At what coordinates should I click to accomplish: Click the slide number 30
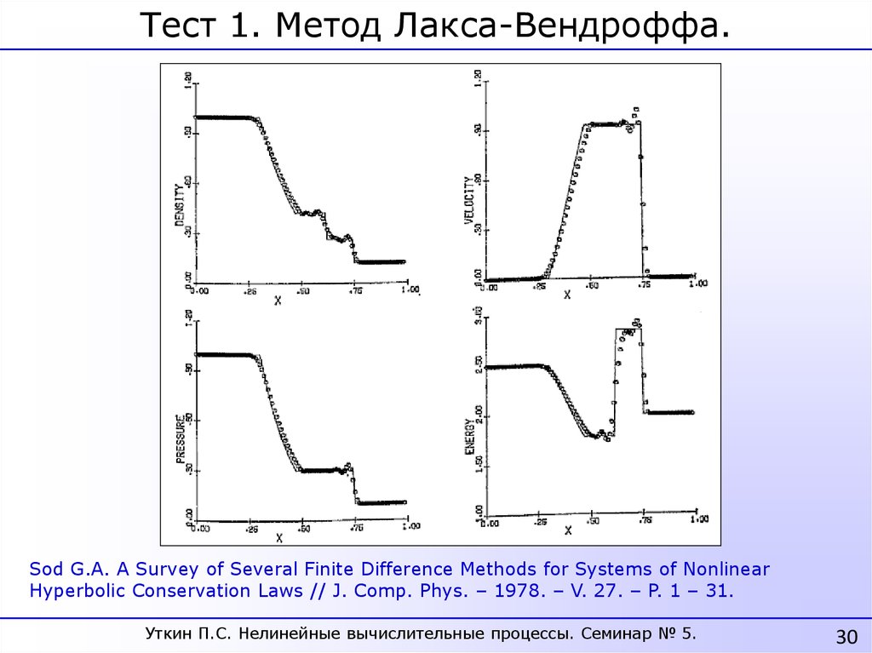pyautogui.click(x=846, y=637)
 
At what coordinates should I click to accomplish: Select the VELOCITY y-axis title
pyautogui.click(x=468, y=200)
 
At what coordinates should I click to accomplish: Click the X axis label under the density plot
pyautogui.click(x=278, y=301)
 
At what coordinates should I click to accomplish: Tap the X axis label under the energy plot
pyautogui.click(x=568, y=530)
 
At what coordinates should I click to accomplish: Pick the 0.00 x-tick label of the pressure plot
pyautogui.click(x=199, y=528)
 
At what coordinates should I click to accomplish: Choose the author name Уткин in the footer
pyautogui.click(x=174, y=633)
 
